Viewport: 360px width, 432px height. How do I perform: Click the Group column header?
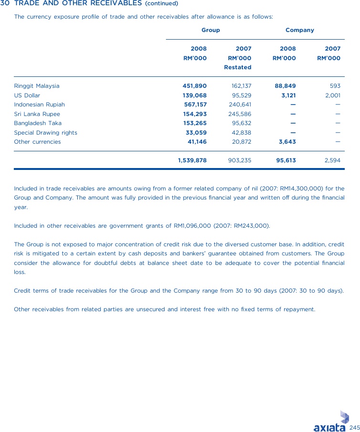210,30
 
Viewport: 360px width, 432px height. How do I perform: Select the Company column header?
299,30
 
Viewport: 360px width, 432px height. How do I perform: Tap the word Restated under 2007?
237,67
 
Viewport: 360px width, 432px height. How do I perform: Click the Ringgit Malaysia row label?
37,86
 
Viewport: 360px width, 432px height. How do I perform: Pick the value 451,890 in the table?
195,86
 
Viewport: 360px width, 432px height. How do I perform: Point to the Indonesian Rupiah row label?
39,105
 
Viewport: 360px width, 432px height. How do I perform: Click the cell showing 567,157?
195,105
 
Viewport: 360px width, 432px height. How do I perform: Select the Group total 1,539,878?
192,160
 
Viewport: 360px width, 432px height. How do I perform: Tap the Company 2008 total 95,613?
286,160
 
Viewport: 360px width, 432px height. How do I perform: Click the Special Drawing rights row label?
45,133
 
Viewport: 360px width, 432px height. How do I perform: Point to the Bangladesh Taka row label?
38,123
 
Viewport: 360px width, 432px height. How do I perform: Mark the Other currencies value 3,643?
287,142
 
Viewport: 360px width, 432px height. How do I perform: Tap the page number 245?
354,427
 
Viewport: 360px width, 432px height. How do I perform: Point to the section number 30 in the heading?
5,3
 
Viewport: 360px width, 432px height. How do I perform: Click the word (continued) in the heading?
161,4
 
